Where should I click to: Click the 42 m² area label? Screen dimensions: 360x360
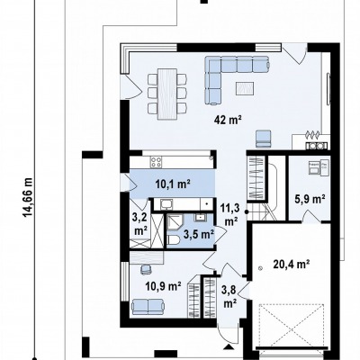pos(228,121)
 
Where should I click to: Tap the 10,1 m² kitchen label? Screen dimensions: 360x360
pos(174,184)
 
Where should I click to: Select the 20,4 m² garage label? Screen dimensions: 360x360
pos(292,264)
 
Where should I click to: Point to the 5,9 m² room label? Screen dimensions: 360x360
pos(310,199)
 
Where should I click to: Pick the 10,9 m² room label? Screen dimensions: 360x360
pos(163,286)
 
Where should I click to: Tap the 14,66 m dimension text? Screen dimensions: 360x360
pos(28,197)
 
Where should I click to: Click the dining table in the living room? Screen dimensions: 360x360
pos(167,94)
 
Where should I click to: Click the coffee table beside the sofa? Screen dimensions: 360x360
pos(246,88)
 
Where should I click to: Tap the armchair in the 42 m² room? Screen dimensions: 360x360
pos(264,139)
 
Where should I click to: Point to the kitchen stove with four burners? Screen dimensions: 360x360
pos(156,162)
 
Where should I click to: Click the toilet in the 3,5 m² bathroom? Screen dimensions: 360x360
pos(174,240)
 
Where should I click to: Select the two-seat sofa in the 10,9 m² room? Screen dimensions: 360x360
pos(148,306)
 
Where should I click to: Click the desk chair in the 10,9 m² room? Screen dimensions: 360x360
pos(146,269)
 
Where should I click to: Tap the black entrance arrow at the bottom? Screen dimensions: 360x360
pos(229,347)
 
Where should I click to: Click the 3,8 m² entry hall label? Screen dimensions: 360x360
pos(229,297)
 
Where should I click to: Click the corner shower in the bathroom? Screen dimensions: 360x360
pos(173,222)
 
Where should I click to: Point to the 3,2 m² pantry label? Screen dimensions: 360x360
pos(139,224)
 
